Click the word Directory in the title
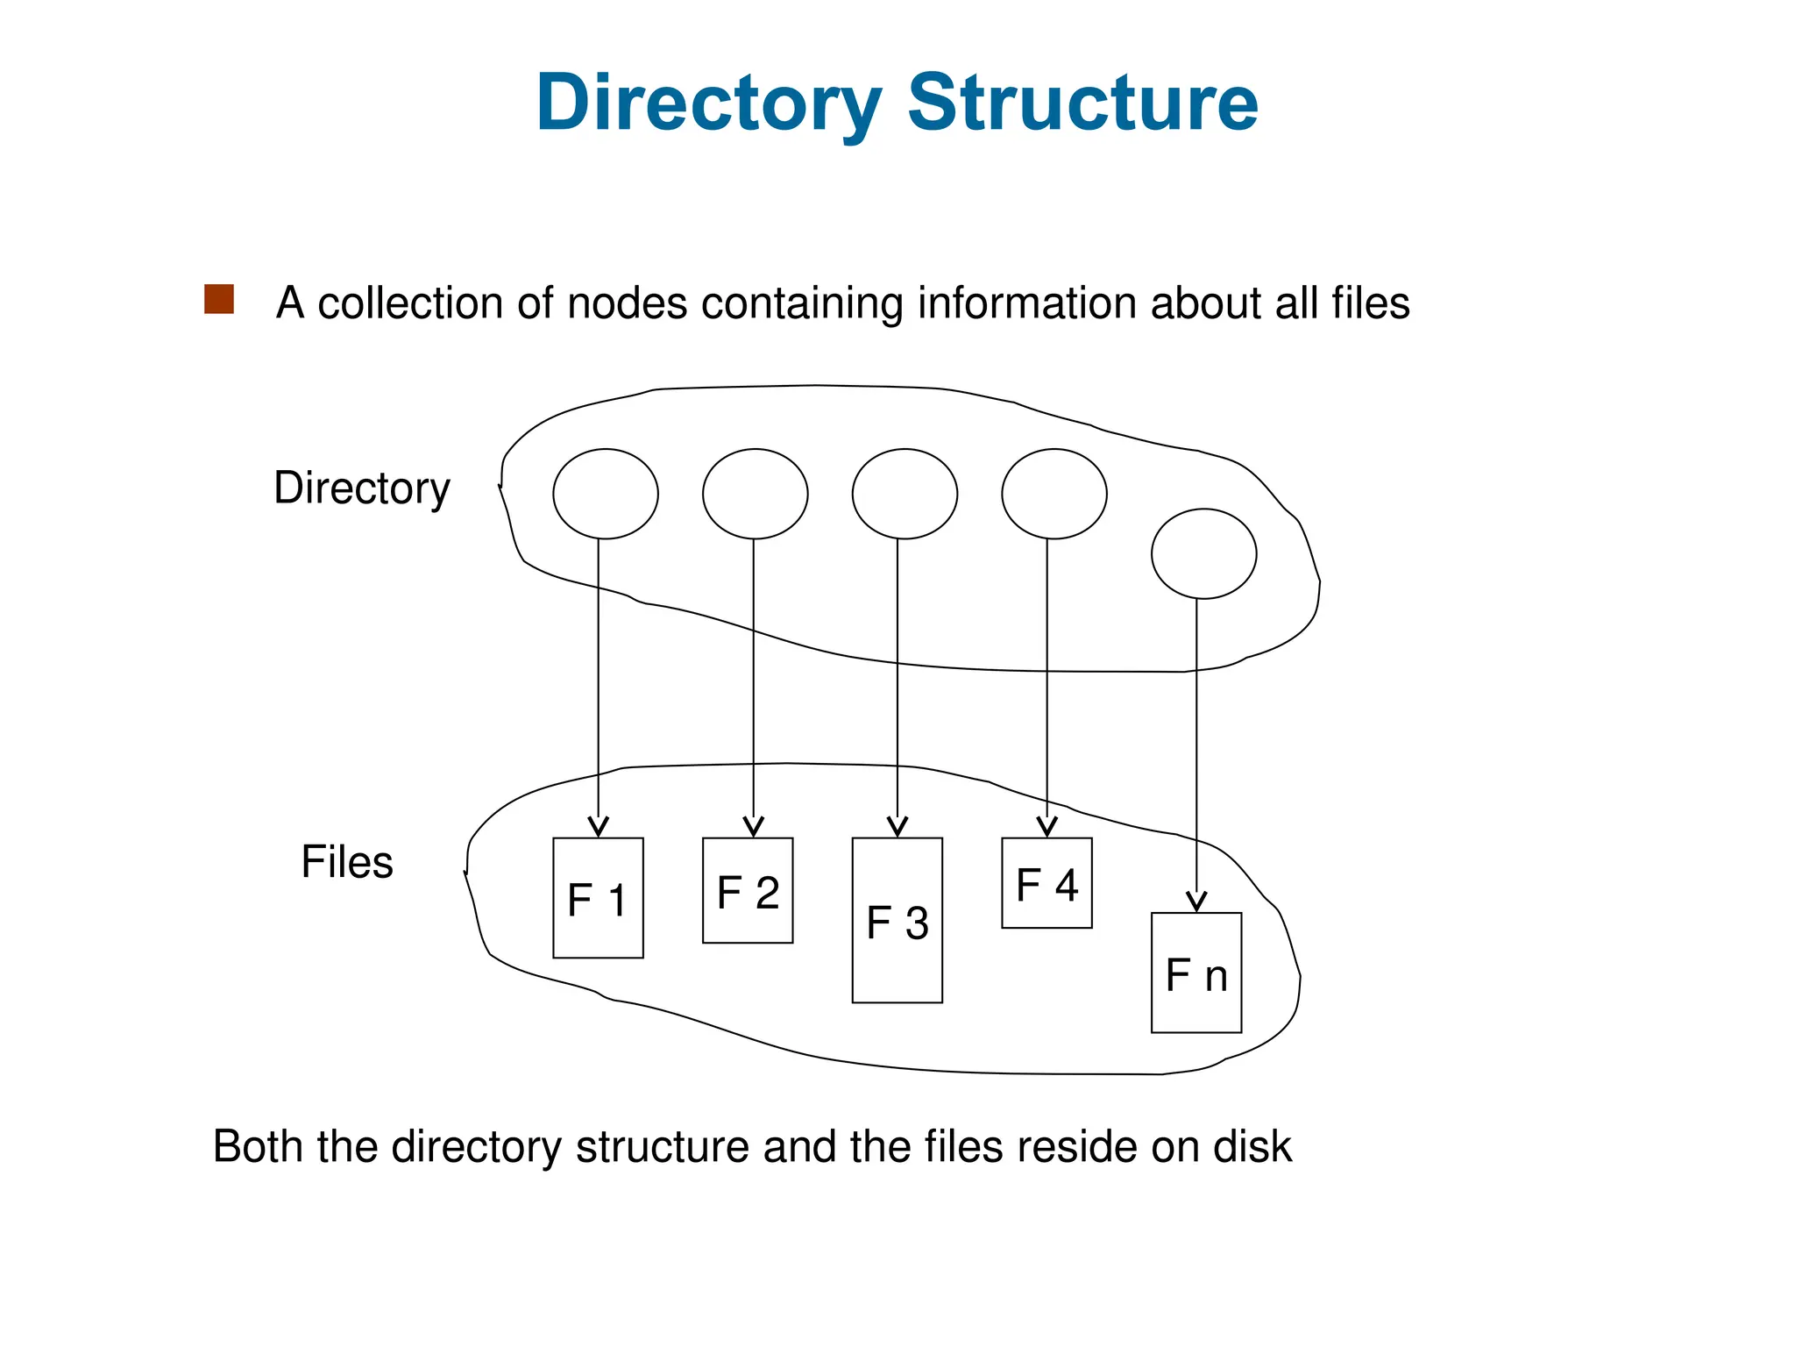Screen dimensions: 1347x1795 pyautogui.click(x=708, y=103)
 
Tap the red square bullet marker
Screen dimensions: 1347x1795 pyautogui.click(x=219, y=299)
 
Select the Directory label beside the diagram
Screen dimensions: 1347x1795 pyautogui.click(x=361, y=488)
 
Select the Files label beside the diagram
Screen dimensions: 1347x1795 pyautogui.click(x=347, y=861)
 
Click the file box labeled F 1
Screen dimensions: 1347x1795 pyautogui.click(x=598, y=898)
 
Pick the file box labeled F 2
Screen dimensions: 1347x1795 pyautogui.click(x=748, y=891)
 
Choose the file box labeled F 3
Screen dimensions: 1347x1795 pyautogui.click(x=897, y=920)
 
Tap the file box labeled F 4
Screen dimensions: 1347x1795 pyautogui.click(x=1046, y=883)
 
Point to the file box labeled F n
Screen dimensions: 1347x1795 pyautogui.click(x=1196, y=973)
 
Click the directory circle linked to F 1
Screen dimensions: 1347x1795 pyautogui.click(x=606, y=494)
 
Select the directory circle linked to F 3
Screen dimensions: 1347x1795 pyautogui.click(x=905, y=494)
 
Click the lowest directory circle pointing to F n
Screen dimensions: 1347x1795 pyautogui.click(x=1203, y=553)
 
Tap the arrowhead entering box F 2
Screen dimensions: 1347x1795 pyautogui.click(x=754, y=827)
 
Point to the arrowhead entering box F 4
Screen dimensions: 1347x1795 pyautogui.click(x=1046, y=827)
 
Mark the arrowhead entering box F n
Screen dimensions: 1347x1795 pyautogui.click(x=1196, y=902)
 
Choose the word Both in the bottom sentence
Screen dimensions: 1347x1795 pyautogui.click(x=257, y=1146)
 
